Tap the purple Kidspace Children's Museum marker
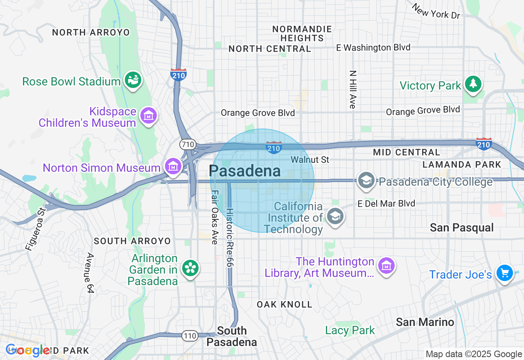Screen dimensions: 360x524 tap(149, 115)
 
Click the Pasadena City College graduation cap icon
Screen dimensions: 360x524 tap(366, 180)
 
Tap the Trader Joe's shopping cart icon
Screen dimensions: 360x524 tap(504, 272)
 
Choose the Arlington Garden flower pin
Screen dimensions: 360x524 tap(190, 268)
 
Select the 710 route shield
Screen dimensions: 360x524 tap(187, 144)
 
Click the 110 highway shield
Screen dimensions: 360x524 tap(190, 336)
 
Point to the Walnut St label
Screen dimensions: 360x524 tap(310, 160)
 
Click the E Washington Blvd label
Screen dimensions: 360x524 tap(373, 48)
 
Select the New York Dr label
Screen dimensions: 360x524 tap(436, 11)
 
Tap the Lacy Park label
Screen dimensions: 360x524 tap(350, 330)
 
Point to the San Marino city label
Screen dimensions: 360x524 tap(425, 322)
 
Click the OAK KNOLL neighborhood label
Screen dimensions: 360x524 tap(285, 304)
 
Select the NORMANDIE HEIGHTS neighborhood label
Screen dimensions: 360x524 tap(302, 34)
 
